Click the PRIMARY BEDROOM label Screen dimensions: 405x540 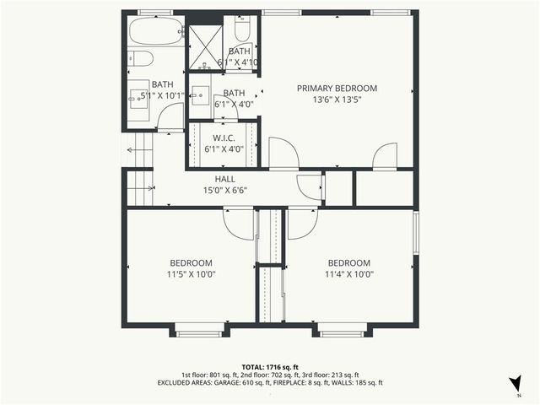[x=337, y=88]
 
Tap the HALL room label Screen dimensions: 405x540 [x=224, y=179]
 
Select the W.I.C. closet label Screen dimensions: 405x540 [x=224, y=138]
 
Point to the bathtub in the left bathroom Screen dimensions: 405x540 [x=155, y=33]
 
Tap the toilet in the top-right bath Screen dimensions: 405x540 [x=241, y=31]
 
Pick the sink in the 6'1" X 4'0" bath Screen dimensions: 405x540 [x=201, y=96]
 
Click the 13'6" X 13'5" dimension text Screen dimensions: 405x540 [x=337, y=100]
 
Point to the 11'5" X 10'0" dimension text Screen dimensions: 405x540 [x=191, y=273]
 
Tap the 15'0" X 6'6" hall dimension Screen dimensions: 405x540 [x=224, y=190]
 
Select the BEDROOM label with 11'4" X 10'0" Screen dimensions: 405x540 [x=349, y=262]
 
